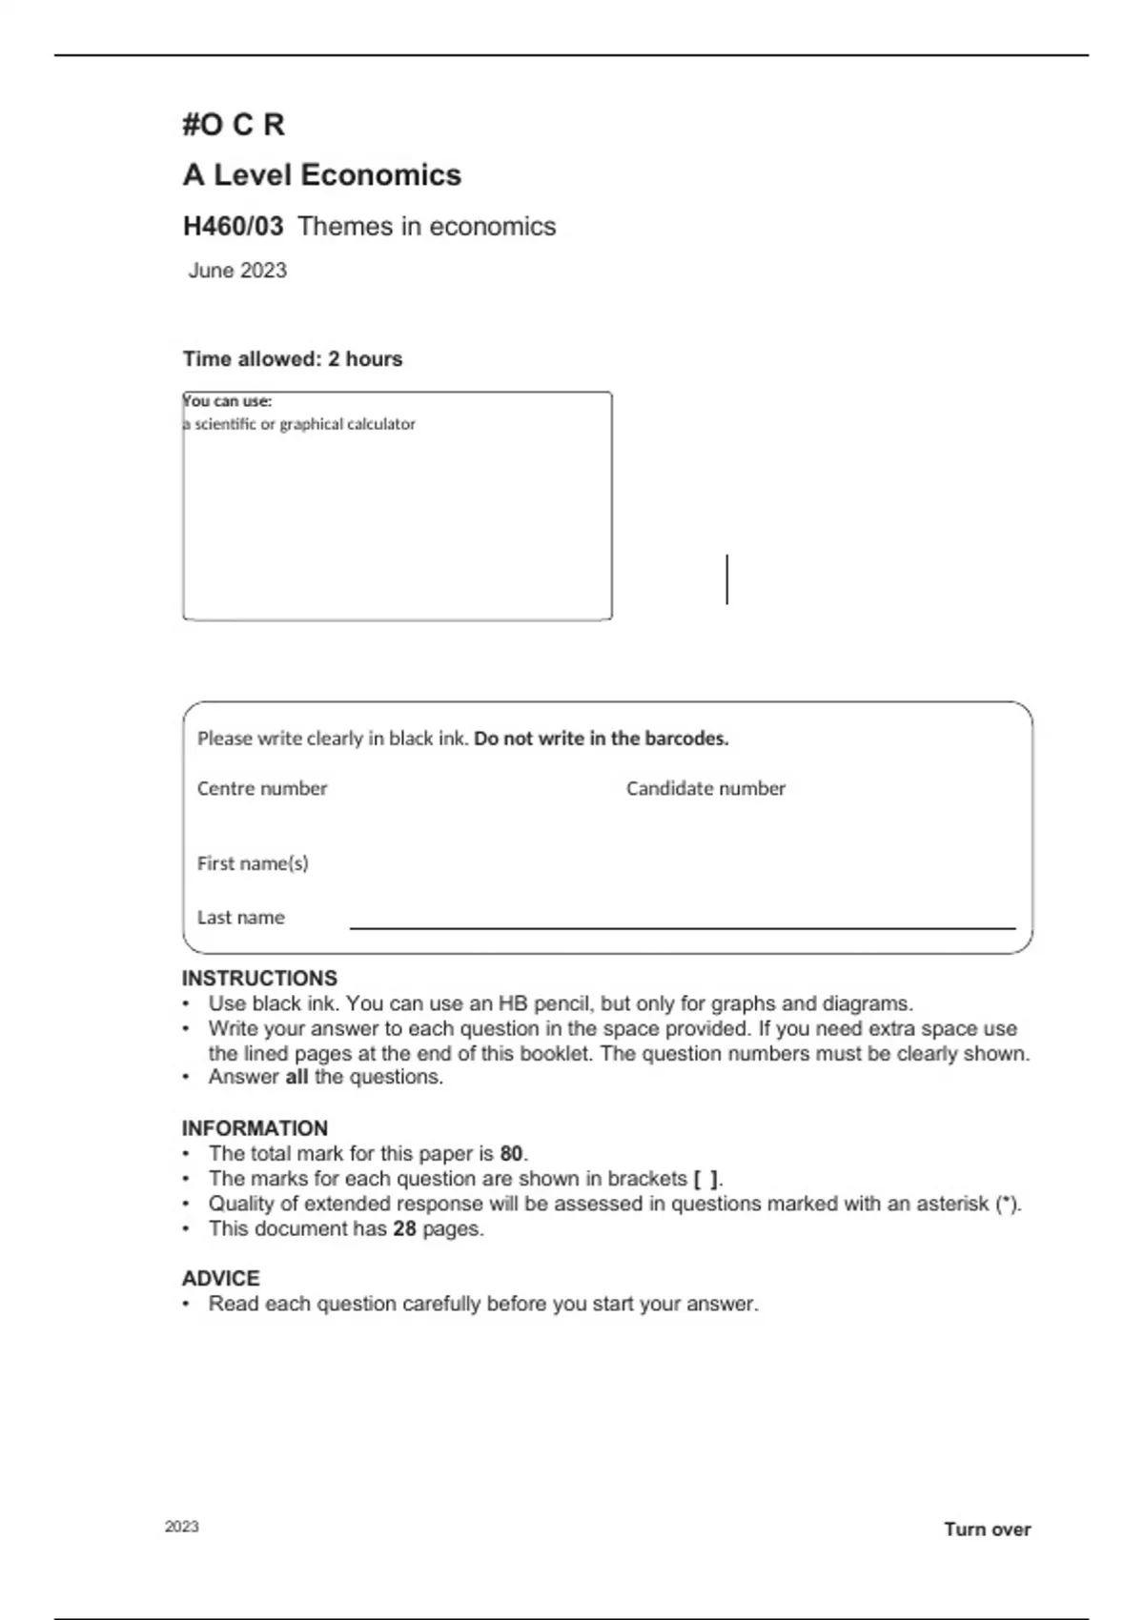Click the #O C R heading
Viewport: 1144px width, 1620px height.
click(234, 125)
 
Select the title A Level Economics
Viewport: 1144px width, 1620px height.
click(322, 175)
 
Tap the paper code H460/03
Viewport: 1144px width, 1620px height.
click(233, 227)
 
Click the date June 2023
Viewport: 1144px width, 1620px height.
click(237, 271)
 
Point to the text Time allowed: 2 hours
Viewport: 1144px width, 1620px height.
click(293, 359)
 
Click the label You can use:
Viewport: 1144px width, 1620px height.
click(228, 401)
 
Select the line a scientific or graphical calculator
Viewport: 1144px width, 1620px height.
click(299, 424)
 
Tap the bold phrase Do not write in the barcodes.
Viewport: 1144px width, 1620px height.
click(602, 739)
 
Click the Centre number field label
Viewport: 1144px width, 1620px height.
click(262, 789)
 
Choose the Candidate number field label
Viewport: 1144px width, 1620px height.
click(705, 789)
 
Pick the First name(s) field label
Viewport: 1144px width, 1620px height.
click(253, 863)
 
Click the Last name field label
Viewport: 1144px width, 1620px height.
click(241, 918)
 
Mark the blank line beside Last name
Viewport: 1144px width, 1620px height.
click(683, 925)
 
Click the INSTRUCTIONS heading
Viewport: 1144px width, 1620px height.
click(259, 979)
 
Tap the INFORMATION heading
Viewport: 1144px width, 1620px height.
click(255, 1128)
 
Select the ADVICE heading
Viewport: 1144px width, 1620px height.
click(221, 1279)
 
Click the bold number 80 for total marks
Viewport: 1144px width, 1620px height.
click(511, 1154)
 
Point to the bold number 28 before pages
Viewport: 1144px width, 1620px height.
click(404, 1229)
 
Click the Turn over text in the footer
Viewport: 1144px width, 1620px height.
click(988, 1529)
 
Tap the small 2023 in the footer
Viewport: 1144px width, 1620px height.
click(182, 1527)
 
